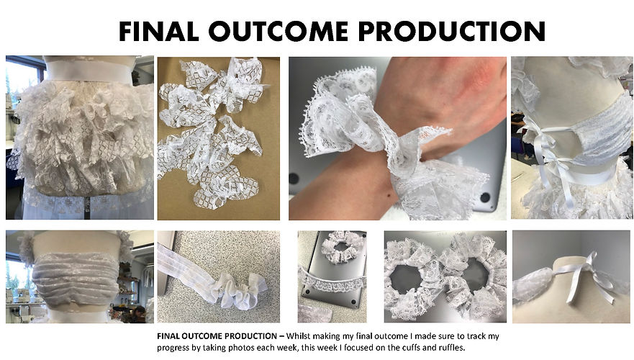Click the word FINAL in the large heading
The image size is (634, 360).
(159, 31)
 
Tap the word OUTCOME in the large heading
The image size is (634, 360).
(278, 31)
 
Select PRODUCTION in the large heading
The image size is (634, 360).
(452, 31)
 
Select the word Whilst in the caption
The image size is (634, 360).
(299, 336)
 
